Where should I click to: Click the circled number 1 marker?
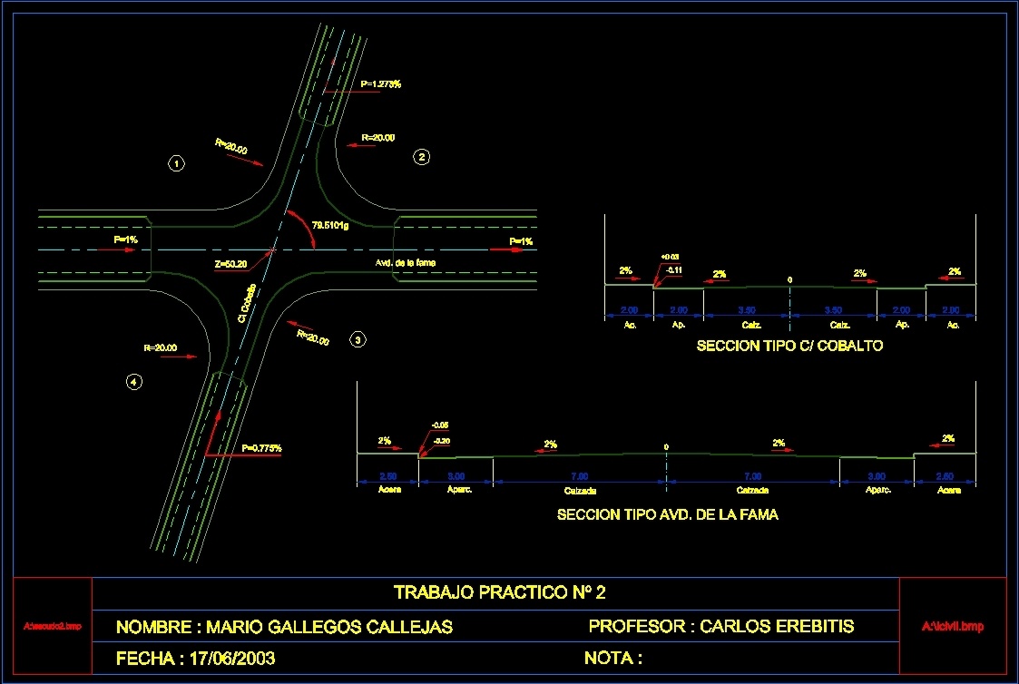(x=177, y=164)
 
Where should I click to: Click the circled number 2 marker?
(x=421, y=157)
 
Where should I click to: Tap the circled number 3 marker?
(x=358, y=340)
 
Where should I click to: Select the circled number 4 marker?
(x=133, y=383)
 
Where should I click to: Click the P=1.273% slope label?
(x=380, y=84)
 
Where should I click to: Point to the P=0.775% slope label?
(x=261, y=448)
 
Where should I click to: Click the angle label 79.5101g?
(x=330, y=224)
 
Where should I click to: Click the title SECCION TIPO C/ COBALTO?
(x=789, y=347)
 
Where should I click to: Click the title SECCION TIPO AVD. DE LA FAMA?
(x=667, y=514)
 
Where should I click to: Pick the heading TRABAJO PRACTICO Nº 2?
(x=499, y=593)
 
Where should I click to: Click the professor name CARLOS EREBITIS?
(x=777, y=626)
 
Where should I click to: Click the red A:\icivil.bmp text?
(x=952, y=626)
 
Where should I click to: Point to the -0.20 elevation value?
(x=442, y=441)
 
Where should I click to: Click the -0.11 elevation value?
(x=674, y=270)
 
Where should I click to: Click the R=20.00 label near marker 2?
(x=377, y=138)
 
